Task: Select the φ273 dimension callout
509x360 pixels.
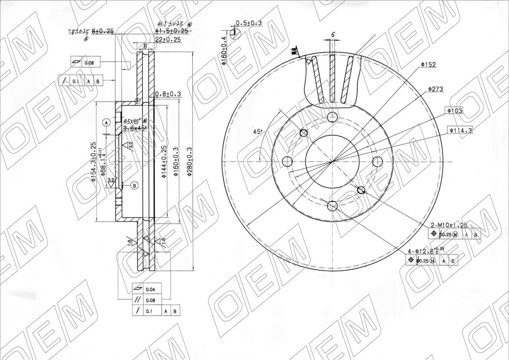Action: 435,89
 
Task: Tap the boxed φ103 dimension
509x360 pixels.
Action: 455,111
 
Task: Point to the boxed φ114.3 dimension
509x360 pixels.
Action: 460,130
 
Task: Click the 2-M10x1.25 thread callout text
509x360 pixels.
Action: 450,225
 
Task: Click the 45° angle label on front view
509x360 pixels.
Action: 258,131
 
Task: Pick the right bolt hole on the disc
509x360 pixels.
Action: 377,162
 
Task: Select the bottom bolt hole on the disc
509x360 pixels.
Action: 332,206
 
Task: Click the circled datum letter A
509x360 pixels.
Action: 106,123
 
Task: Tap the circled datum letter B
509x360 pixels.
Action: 134,185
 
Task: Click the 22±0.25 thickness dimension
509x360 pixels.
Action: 169,39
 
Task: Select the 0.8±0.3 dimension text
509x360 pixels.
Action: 168,94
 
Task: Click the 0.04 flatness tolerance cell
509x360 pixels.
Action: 150,289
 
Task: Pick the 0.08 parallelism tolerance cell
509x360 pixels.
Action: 150,300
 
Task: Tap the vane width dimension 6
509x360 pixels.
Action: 333,35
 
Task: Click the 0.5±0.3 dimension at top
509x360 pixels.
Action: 249,23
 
